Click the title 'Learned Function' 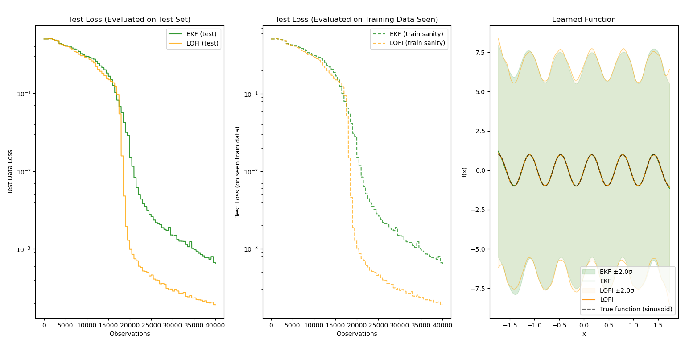584,20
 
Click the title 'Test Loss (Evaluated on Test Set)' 129,20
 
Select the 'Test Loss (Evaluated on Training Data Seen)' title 356,20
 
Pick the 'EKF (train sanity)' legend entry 416,34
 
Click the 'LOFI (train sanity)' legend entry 417,43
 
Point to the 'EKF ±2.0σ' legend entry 616,272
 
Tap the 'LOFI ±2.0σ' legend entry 617,290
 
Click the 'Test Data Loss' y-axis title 10,172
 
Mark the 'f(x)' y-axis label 464,172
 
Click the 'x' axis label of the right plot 584,334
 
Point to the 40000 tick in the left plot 215,325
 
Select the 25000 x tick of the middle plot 378,325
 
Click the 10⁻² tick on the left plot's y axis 24,172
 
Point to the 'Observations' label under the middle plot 356,334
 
